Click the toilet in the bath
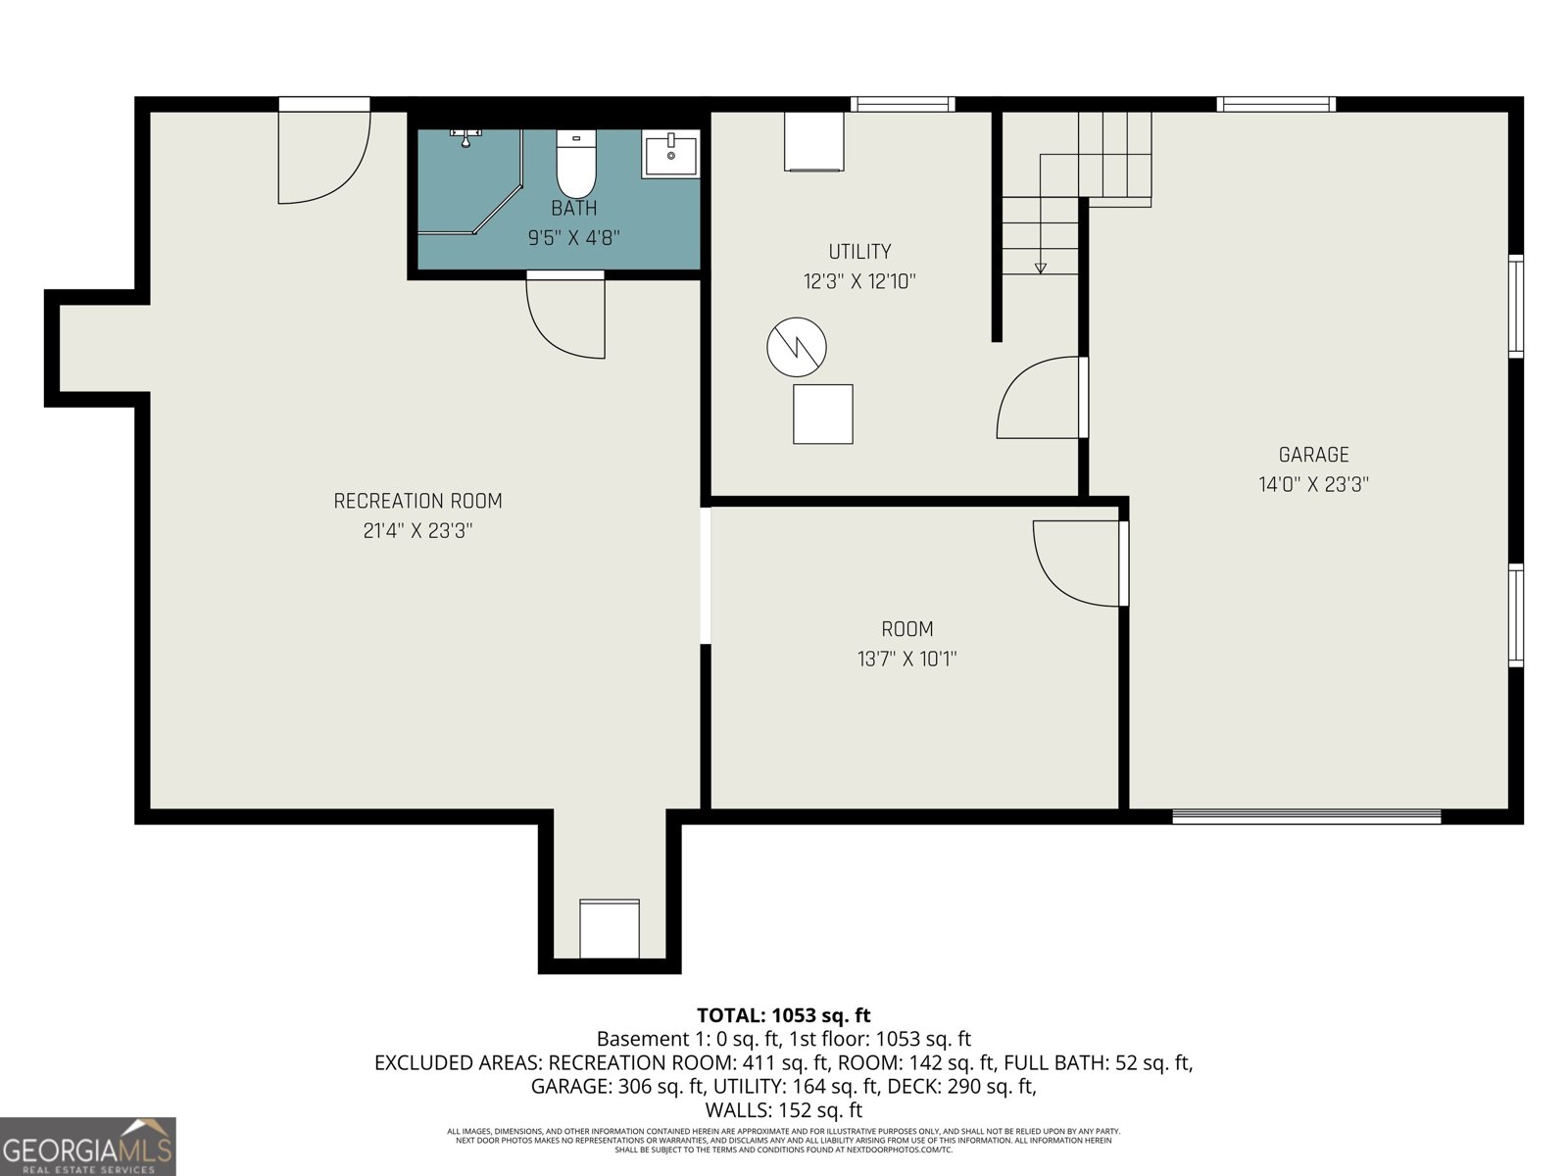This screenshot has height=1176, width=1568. (576, 164)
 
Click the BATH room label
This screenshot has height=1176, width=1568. (573, 208)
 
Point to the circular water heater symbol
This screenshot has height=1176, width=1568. (796, 347)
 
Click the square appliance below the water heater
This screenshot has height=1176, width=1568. (822, 415)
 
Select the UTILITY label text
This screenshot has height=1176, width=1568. (859, 252)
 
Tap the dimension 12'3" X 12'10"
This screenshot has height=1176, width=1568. (859, 282)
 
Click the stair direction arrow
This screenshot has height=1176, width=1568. (1040, 266)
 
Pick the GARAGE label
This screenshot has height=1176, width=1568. (1313, 455)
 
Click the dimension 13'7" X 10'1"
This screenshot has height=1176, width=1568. (906, 660)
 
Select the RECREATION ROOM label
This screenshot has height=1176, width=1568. (417, 502)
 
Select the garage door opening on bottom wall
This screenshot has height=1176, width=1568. (1306, 815)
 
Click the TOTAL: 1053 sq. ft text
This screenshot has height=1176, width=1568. (783, 1015)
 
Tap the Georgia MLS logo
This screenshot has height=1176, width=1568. (87, 1146)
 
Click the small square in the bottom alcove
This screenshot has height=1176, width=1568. (610, 928)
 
